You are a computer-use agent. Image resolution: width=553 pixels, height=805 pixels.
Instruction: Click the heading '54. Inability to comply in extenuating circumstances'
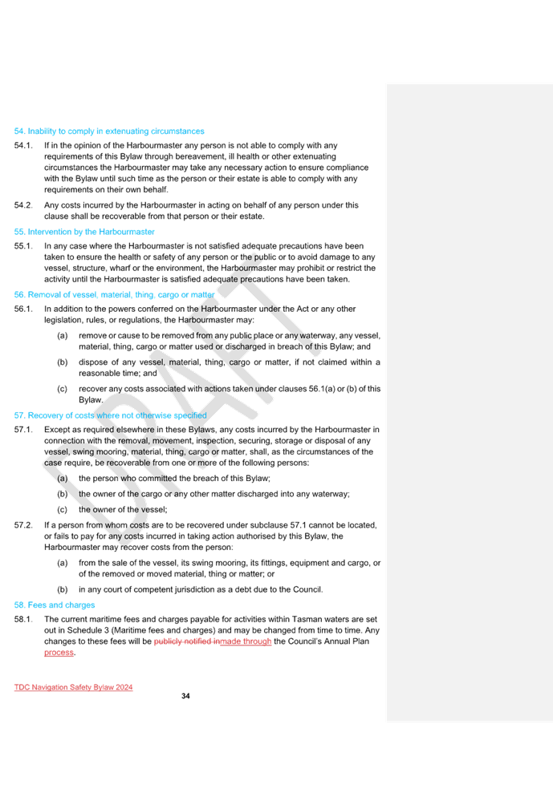[x=109, y=131]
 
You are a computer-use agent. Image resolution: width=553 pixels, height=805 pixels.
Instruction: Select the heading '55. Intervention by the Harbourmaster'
[x=84, y=232]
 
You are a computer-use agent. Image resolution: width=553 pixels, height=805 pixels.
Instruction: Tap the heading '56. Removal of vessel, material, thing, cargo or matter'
[x=114, y=295]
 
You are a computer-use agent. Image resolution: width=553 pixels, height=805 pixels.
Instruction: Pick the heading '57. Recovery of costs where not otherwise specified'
[x=111, y=415]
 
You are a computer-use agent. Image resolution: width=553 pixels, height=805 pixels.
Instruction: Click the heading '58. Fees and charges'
[x=55, y=605]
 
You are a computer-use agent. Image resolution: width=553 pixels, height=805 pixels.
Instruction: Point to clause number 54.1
[x=23, y=146]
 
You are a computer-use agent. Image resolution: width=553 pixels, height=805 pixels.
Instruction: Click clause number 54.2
[x=23, y=205]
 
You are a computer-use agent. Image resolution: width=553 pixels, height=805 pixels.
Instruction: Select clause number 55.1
[x=23, y=246]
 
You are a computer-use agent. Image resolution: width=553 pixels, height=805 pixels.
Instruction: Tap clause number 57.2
[x=23, y=525]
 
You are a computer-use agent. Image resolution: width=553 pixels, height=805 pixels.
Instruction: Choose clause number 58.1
[x=23, y=620]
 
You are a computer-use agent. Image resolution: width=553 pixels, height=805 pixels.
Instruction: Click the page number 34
[x=185, y=696]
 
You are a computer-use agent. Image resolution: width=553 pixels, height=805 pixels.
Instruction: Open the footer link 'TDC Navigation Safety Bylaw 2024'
[x=74, y=687]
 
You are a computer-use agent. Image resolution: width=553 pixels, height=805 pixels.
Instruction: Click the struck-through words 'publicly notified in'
[x=186, y=641]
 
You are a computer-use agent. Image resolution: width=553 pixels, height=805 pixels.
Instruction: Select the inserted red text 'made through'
[x=246, y=641]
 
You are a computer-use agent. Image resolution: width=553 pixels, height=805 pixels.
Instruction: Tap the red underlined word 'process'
[x=59, y=653]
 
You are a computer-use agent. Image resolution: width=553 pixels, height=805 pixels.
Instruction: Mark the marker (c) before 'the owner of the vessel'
[x=62, y=510]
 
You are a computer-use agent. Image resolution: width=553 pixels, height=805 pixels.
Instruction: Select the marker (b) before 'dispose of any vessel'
[x=62, y=362]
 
